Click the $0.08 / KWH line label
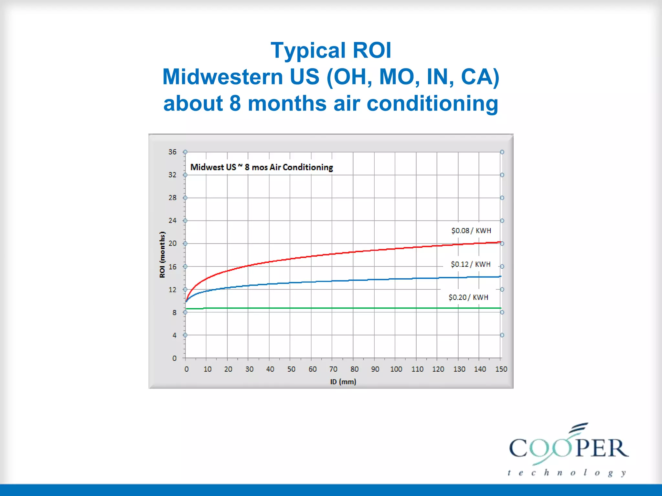point(471,231)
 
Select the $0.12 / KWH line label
point(471,264)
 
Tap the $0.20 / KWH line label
point(468,297)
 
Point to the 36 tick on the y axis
point(172,152)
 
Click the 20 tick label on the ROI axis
point(173,243)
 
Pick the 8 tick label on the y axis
point(174,312)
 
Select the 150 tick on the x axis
point(501,369)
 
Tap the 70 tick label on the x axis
point(333,369)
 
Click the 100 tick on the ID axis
point(396,369)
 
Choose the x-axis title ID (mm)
point(343,382)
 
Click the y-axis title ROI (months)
point(162,254)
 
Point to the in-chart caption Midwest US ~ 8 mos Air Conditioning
point(262,167)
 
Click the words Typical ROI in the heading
point(331,50)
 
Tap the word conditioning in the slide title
point(432,104)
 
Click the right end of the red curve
point(500,242)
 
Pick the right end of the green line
point(500,308)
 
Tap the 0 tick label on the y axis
point(174,358)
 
